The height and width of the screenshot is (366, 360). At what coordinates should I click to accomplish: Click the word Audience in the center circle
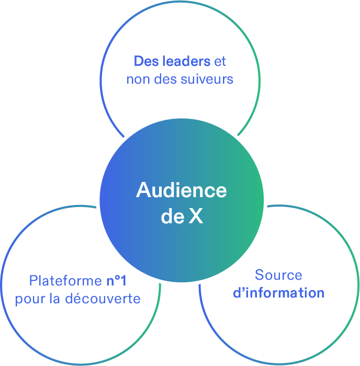[182, 190]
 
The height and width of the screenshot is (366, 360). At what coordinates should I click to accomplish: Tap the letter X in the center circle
[196, 217]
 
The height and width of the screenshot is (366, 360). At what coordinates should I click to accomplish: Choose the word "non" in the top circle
[137, 79]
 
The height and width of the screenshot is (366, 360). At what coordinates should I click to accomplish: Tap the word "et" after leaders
[220, 61]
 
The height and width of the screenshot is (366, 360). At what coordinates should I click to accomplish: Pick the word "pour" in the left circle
[28, 299]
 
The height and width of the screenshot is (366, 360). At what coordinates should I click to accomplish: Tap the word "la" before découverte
[53, 299]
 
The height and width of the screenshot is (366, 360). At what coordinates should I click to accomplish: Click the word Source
[278, 275]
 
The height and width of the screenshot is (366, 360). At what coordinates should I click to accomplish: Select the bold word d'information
[278, 293]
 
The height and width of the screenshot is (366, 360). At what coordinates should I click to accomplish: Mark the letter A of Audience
[143, 190]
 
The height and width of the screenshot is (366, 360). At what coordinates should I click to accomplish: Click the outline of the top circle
[180, 2]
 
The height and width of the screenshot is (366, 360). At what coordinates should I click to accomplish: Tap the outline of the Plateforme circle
[2, 285]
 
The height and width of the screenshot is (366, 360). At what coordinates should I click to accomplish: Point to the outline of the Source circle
[358, 285]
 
